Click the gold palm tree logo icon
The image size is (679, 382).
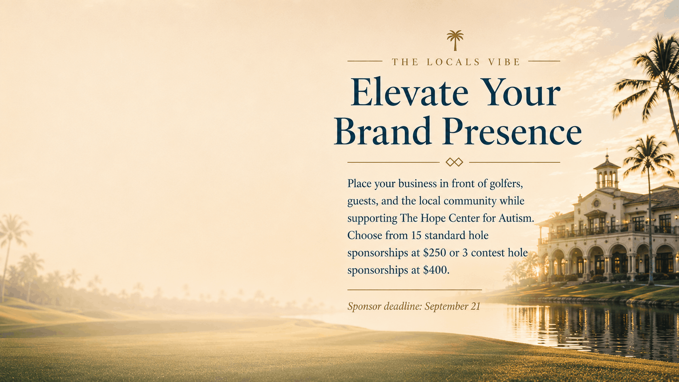click(x=455, y=40)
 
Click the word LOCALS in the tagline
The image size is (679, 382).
click(x=453, y=62)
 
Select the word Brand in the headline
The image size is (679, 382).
click(x=383, y=131)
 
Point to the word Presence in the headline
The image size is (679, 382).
click(x=512, y=131)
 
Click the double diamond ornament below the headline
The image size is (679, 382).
click(x=454, y=162)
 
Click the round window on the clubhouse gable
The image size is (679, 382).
click(x=597, y=203)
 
